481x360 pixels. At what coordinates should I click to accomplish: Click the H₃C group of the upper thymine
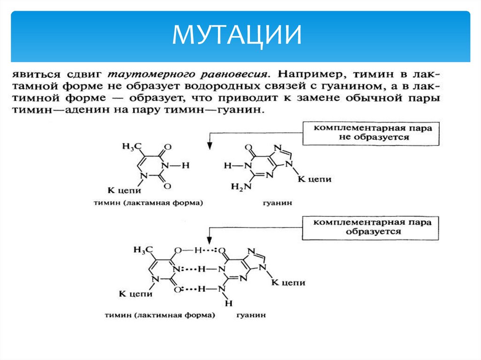(x=132, y=147)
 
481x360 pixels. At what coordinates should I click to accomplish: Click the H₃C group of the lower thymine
(x=143, y=250)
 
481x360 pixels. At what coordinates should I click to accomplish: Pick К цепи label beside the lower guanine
(x=289, y=283)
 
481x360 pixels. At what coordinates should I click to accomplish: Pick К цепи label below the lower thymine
(x=135, y=294)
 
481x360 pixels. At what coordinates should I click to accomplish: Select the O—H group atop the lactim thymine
(x=188, y=250)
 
